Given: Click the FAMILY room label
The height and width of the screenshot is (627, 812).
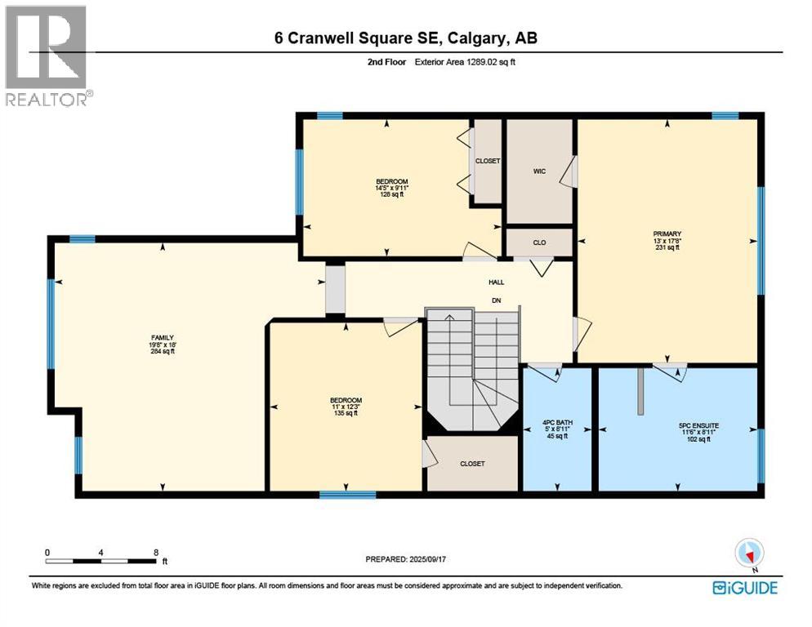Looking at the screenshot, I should [161, 337].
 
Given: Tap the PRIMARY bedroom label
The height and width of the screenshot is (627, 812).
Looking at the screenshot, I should [667, 233].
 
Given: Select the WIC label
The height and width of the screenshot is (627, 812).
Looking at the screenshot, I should [539, 171].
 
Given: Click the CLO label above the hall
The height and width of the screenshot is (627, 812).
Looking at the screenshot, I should [539, 242].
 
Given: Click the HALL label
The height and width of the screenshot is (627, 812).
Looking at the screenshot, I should [496, 282].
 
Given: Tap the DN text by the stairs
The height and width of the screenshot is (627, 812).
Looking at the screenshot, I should [496, 300].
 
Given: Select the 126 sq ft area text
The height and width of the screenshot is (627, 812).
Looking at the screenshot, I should [391, 195].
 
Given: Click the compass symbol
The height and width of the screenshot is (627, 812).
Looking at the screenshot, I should [747, 554].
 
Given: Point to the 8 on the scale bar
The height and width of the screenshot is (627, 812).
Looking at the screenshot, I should [156, 552].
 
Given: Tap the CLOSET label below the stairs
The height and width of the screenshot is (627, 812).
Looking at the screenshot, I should [472, 464].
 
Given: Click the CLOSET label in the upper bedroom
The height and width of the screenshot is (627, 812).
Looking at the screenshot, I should [488, 161].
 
